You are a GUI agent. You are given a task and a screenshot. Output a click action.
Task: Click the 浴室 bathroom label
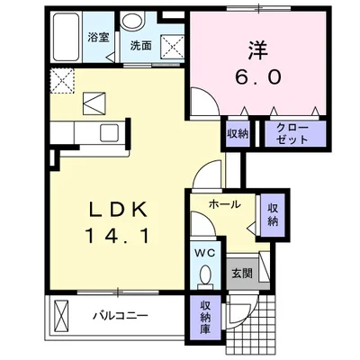(x=97, y=40)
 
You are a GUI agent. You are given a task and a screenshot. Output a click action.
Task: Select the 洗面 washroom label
(x=139, y=44)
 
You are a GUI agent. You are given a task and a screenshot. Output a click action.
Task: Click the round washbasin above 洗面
(x=133, y=23)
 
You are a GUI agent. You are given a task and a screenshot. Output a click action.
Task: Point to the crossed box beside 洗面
(x=169, y=40)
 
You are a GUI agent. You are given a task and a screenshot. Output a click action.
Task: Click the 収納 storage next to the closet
(x=238, y=134)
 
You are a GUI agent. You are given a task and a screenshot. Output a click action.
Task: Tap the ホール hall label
(x=224, y=204)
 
